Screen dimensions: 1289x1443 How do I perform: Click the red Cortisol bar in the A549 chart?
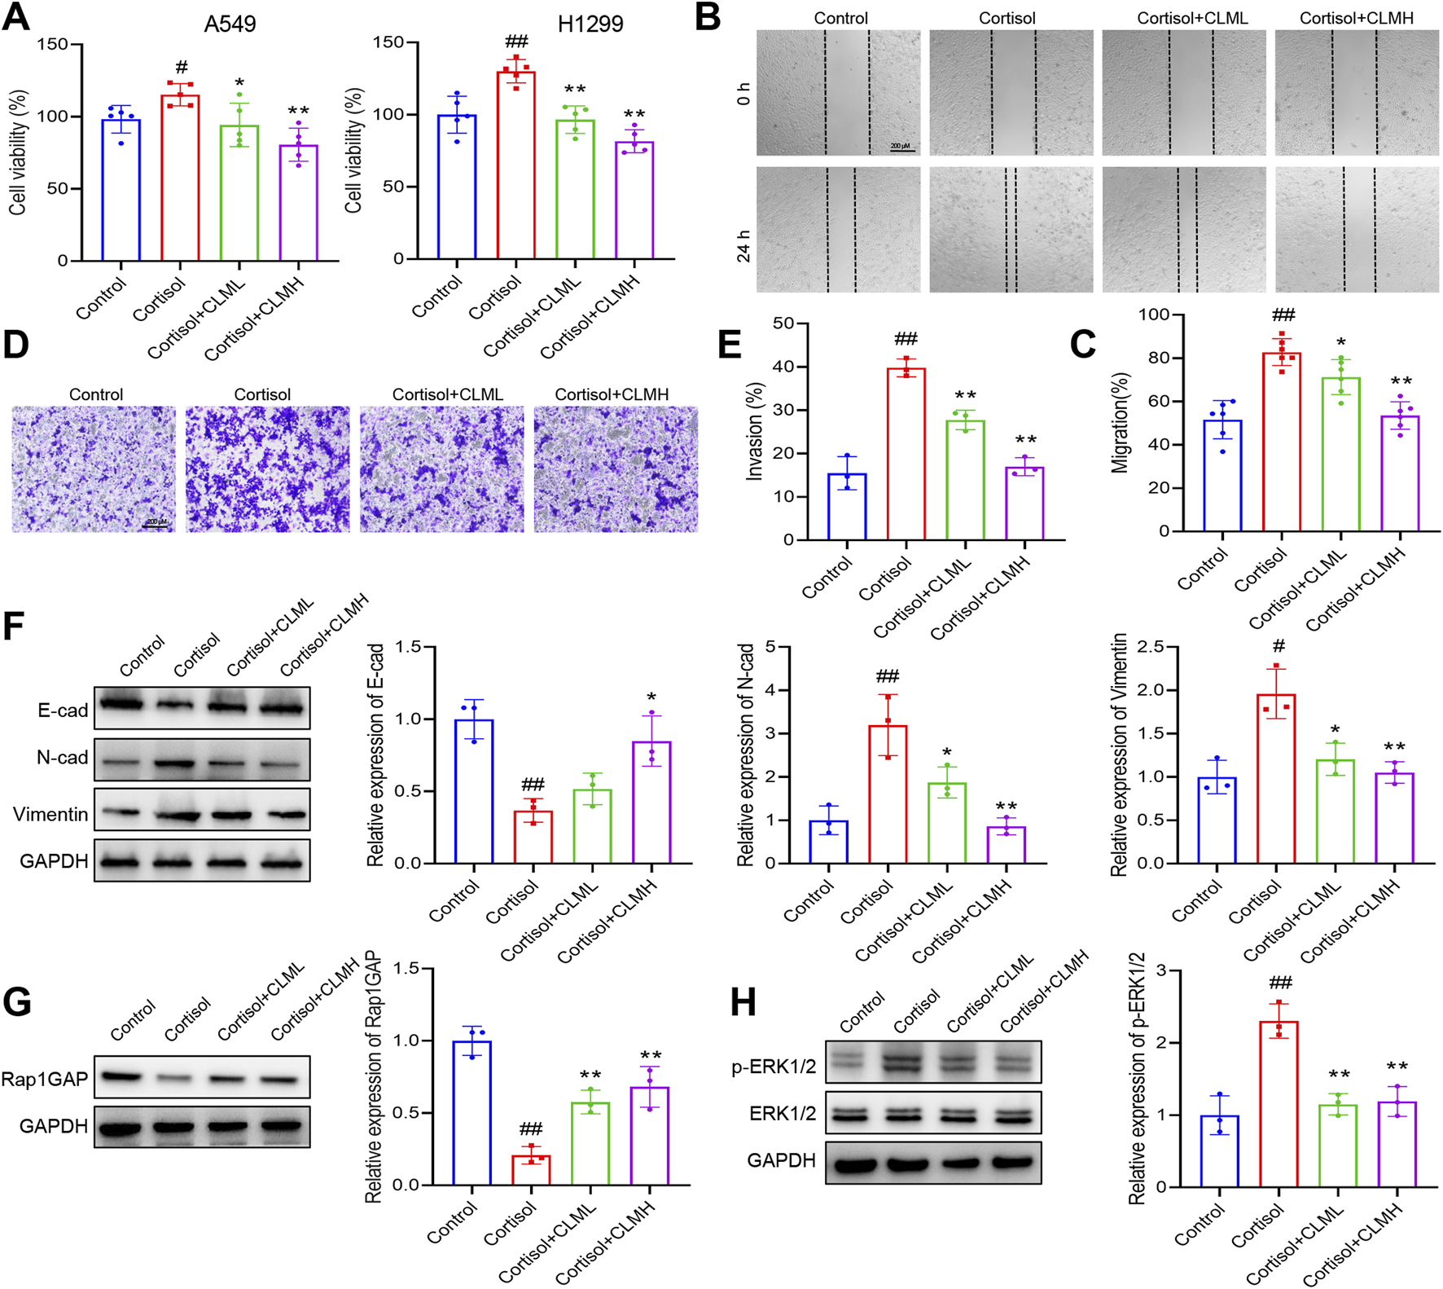[180, 179]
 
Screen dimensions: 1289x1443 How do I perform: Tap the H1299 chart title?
[590, 24]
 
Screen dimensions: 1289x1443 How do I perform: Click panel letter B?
[708, 18]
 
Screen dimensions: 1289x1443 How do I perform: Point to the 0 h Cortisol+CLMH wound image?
[1356, 93]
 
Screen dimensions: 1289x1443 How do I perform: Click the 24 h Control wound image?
[838, 230]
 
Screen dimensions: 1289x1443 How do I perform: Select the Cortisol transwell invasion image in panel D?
[267, 469]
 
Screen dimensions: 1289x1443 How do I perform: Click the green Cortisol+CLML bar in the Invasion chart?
[965, 481]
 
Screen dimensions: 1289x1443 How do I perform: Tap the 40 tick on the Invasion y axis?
[783, 367]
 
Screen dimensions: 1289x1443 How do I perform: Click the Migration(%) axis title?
[1121, 422]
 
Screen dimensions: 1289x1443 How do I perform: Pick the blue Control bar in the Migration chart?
[1222, 477]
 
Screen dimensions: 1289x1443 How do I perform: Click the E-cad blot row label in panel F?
[63, 710]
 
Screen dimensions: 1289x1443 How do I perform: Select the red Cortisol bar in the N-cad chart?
[888, 794]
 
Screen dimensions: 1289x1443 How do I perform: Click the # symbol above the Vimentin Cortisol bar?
[1279, 646]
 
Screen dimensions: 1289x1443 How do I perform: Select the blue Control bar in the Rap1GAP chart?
[472, 1113]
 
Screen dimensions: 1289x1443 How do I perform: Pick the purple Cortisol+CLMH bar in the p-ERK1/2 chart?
[1397, 1144]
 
